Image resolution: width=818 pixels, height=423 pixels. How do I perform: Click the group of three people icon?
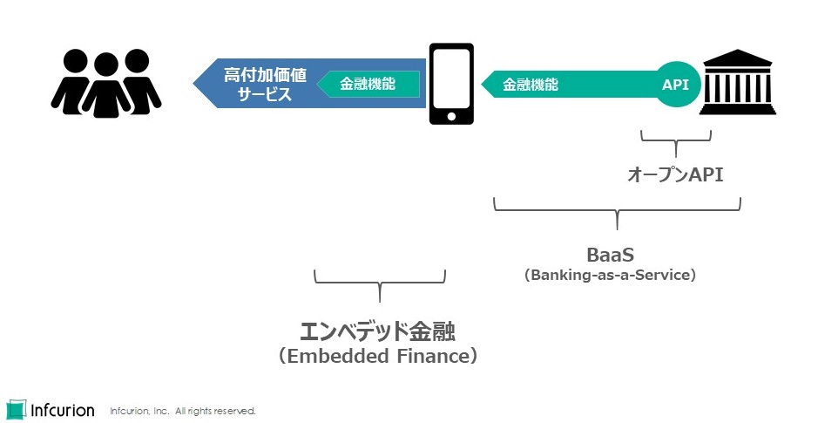pyautogui.click(x=105, y=83)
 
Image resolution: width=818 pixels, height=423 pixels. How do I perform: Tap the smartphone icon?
pyautogui.click(x=451, y=84)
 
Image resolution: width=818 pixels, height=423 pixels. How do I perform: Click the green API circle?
pyautogui.click(x=676, y=85)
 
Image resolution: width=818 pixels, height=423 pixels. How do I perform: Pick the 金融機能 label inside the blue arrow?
pyautogui.click(x=367, y=85)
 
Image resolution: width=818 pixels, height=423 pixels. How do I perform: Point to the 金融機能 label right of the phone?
pyautogui.click(x=531, y=85)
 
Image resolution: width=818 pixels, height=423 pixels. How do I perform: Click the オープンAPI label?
pyautogui.click(x=675, y=174)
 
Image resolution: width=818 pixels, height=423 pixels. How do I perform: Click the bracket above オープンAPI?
pyautogui.click(x=676, y=139)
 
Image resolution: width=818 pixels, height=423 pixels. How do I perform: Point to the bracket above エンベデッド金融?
pyautogui.click(x=379, y=281)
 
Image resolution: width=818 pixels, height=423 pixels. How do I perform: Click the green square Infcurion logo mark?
pyautogui.click(x=16, y=409)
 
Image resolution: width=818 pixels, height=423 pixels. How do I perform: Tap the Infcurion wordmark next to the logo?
pyautogui.click(x=63, y=409)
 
